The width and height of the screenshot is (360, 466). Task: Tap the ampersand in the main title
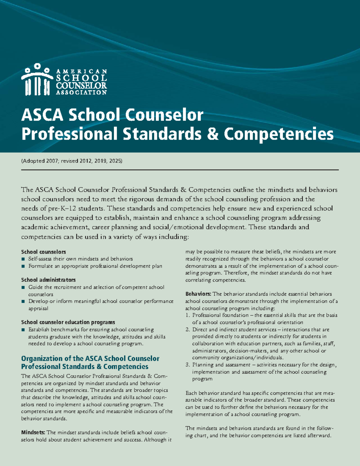212,134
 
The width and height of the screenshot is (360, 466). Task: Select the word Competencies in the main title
279,134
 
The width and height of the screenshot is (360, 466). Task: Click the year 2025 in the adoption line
115,161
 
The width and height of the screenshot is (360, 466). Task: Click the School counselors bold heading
43,252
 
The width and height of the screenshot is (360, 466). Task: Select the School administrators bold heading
48,280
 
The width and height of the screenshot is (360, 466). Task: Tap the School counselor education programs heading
68,322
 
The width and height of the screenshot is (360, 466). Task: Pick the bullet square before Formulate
23,266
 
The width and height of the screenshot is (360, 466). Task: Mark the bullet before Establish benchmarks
23,330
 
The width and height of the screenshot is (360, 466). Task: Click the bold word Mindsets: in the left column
33,433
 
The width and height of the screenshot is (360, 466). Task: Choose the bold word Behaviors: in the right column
198,294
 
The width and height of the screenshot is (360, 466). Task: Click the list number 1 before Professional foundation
187,315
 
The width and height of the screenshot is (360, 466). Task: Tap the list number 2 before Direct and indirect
187,329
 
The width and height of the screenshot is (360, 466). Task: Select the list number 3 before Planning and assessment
187,365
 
